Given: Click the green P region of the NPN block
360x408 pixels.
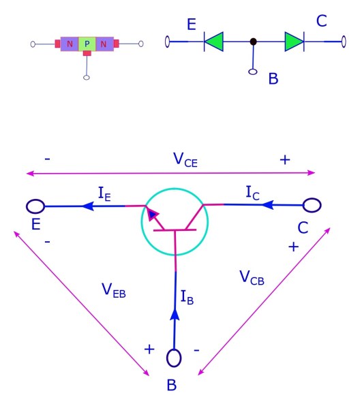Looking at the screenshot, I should coord(87,45).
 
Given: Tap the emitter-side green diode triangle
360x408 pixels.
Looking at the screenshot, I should coord(214,42).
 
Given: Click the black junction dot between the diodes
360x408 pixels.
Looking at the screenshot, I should coord(254,42).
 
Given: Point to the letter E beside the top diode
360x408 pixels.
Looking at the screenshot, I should coord(192,25).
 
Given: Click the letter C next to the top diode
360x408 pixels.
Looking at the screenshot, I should coord(322,21).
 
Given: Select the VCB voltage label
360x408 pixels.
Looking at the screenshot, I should coord(251,277).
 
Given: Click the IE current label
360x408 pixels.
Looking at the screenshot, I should coord(104,195).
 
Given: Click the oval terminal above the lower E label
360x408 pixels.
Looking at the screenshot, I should coord(35,206).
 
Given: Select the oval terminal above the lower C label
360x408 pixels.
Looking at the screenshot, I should coord(312,204).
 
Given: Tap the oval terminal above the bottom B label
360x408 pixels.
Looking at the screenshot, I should coord(173,358).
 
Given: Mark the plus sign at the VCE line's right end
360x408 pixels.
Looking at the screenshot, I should coord(285,160).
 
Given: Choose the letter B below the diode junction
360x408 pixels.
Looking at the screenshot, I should coord(273,78).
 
